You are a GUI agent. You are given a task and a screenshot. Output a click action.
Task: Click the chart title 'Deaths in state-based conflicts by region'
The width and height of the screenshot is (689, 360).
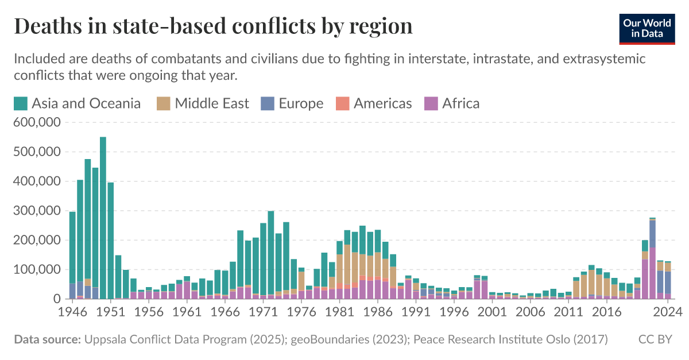[x=213, y=26]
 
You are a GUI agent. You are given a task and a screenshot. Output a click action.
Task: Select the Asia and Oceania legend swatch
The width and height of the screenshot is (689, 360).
[x=21, y=103]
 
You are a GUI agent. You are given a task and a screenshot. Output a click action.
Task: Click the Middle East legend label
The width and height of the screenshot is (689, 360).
[x=211, y=103]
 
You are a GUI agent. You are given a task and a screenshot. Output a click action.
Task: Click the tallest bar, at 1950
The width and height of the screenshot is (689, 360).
[x=103, y=218]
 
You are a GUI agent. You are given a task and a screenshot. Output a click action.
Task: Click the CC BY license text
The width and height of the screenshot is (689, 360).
[x=655, y=339]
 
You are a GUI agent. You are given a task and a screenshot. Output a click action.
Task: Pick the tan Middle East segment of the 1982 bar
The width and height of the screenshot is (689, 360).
[x=347, y=264]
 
